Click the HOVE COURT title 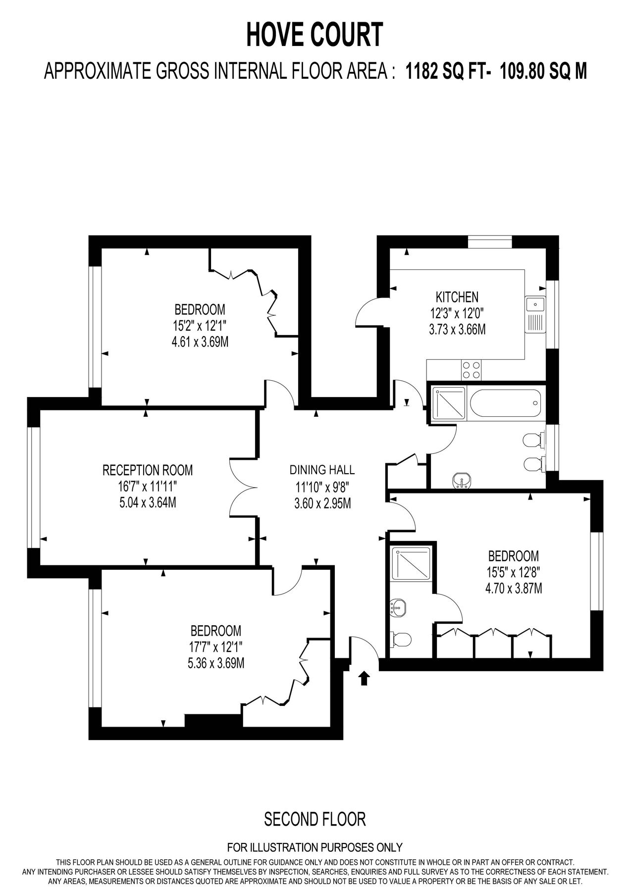[x=315, y=35]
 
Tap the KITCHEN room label [x=457, y=297]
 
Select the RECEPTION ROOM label [x=148, y=469]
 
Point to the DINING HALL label [x=322, y=470]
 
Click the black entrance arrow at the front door [x=364, y=678]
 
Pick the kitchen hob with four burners [x=471, y=370]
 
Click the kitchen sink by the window [x=535, y=315]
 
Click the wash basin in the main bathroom [x=462, y=480]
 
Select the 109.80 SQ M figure [x=543, y=71]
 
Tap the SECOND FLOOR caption [x=315, y=819]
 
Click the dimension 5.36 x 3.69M [x=215, y=663]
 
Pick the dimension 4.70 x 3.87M [x=514, y=588]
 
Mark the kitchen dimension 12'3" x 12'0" [x=457, y=313]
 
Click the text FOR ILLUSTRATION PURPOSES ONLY [x=315, y=847]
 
